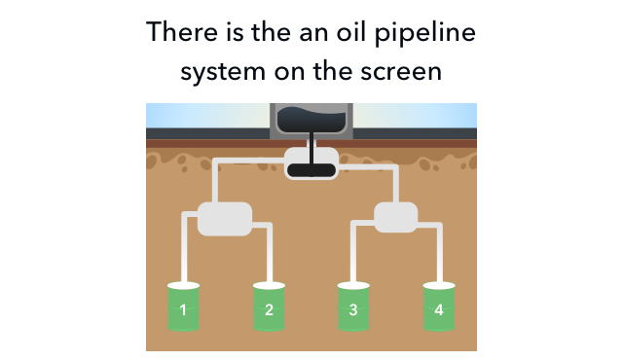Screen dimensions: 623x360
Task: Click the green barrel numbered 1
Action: (x=183, y=306)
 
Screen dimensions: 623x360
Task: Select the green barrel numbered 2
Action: (x=269, y=306)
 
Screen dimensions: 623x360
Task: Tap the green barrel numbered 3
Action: (x=353, y=306)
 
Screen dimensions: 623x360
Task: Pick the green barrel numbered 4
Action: (x=439, y=306)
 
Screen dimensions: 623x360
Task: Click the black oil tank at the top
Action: (x=311, y=120)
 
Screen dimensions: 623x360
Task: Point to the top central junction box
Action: (x=311, y=163)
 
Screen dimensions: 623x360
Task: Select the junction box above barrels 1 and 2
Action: (x=225, y=219)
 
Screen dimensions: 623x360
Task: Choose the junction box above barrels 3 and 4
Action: (x=396, y=217)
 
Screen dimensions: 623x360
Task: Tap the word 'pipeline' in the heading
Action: (x=425, y=33)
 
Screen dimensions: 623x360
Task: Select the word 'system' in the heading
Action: (x=223, y=72)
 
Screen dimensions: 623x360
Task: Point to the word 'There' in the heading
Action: (x=182, y=32)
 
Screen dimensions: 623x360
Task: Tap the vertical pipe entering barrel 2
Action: (x=270, y=254)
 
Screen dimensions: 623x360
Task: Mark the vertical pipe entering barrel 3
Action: (x=353, y=254)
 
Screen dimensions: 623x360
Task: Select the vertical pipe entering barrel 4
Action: (x=439, y=254)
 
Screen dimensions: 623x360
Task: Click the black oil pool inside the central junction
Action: (x=311, y=170)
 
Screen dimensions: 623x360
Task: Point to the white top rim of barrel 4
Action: (x=439, y=285)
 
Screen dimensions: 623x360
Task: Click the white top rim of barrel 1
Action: (x=183, y=285)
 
